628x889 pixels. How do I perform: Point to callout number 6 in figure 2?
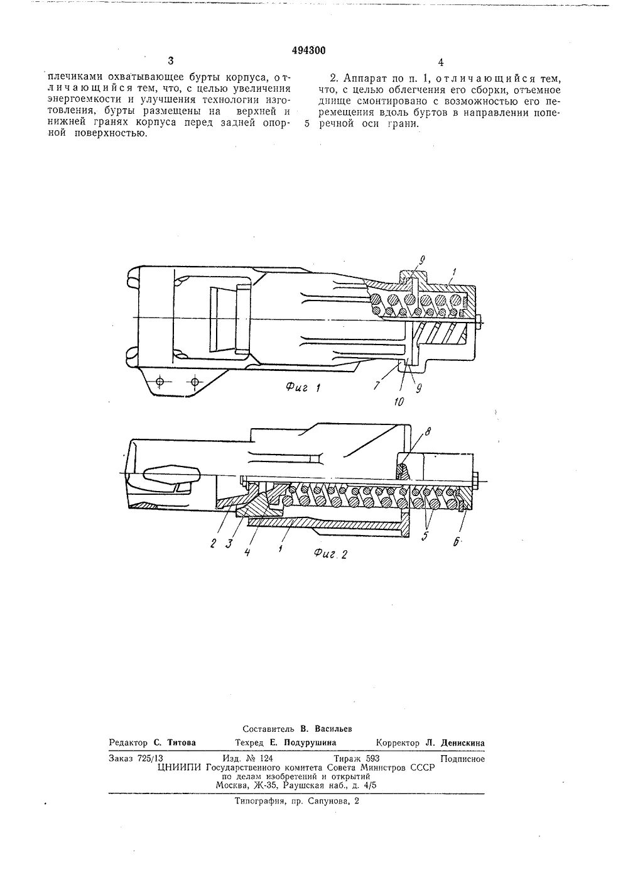[x=461, y=540]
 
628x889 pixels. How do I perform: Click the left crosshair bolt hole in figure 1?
[x=160, y=382]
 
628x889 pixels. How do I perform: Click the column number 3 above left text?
[x=170, y=61]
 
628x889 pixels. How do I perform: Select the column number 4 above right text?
[x=441, y=62]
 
